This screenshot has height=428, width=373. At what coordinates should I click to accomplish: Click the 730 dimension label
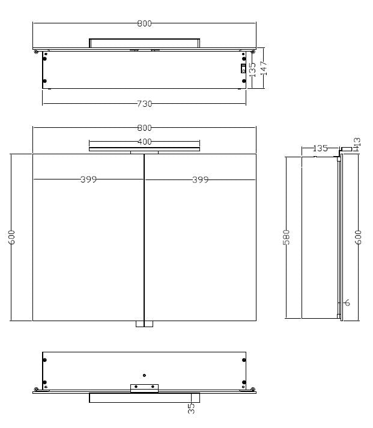144,104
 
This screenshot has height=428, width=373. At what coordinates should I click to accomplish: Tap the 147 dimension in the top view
264,68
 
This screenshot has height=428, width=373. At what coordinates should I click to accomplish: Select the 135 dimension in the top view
252,70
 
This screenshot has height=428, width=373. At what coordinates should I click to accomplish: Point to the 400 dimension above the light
144,142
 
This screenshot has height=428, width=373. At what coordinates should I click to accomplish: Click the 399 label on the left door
88,179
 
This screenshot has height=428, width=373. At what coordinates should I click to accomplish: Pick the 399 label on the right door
200,179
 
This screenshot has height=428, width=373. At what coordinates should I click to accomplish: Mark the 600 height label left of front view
11,237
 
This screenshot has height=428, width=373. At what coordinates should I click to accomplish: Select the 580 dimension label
287,237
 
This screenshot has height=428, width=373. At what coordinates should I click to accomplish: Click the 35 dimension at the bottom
192,408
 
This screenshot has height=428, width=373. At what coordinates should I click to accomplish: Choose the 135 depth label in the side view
320,148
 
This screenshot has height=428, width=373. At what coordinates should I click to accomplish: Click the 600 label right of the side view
359,237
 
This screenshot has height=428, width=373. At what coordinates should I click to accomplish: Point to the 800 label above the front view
144,128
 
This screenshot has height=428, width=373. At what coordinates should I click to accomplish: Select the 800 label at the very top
144,23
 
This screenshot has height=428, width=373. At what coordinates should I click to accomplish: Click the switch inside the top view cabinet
243,68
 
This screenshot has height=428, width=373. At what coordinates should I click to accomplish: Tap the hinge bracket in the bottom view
144,387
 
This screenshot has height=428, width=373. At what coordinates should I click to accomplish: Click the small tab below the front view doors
144,324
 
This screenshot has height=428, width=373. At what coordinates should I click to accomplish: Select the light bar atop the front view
144,149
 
